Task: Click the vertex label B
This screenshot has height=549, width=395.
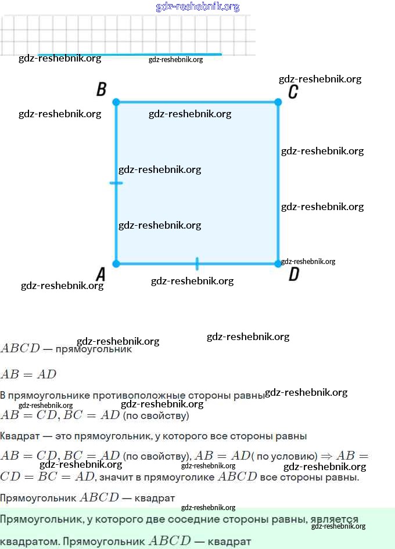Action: [101, 89]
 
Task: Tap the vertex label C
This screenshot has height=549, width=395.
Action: [293, 92]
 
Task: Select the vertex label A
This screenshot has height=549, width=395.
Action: [100, 274]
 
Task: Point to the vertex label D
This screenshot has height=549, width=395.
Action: [294, 274]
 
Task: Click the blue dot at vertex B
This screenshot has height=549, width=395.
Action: [116, 102]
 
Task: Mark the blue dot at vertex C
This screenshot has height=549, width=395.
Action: [278, 102]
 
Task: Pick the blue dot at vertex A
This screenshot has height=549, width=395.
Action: [116, 264]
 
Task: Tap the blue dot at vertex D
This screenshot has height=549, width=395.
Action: [278, 264]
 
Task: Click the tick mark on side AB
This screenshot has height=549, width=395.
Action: [116, 183]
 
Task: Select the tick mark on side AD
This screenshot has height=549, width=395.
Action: [197, 264]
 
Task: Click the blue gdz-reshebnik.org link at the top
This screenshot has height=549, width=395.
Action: [198, 7]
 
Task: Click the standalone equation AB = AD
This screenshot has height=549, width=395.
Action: [28, 374]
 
